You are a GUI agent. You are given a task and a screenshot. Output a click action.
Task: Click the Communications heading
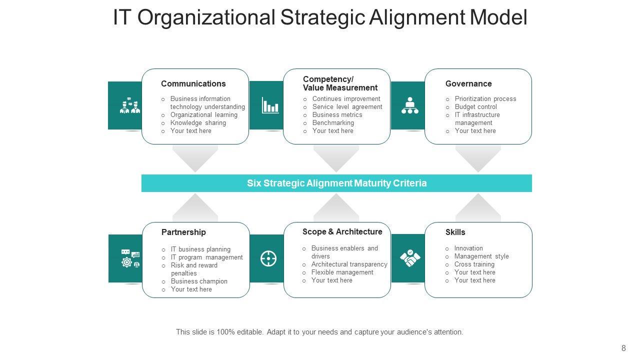click(x=193, y=83)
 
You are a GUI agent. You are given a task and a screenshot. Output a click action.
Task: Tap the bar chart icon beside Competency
click(x=270, y=105)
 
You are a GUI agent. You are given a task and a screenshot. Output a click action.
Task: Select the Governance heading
click(x=468, y=83)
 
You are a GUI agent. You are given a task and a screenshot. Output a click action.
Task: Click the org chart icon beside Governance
click(x=410, y=105)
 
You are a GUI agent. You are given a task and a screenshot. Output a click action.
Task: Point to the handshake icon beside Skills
click(x=410, y=258)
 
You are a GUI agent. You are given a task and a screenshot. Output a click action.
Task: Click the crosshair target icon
click(x=268, y=258)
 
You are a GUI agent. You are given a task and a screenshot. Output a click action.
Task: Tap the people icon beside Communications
click(x=129, y=105)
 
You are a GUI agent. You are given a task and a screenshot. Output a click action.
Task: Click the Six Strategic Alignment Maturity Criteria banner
click(x=336, y=183)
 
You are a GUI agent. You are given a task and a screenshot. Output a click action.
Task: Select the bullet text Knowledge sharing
click(x=198, y=122)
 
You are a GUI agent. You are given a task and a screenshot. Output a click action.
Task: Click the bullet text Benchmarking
click(x=333, y=122)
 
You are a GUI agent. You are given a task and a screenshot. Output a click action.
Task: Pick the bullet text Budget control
click(x=476, y=106)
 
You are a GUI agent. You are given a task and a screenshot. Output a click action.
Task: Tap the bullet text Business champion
click(x=199, y=281)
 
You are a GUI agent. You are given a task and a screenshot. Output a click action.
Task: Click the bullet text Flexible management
click(x=342, y=272)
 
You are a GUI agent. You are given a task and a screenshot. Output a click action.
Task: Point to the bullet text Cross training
click(x=474, y=264)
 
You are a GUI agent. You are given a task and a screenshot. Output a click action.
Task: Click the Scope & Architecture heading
click(x=342, y=231)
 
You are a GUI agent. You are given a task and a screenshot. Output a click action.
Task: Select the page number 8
click(x=623, y=348)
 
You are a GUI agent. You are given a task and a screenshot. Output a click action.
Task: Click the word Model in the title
click(x=498, y=17)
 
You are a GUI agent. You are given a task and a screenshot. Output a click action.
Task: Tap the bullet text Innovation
click(x=468, y=248)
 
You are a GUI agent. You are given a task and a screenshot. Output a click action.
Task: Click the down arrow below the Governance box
click(x=478, y=158)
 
